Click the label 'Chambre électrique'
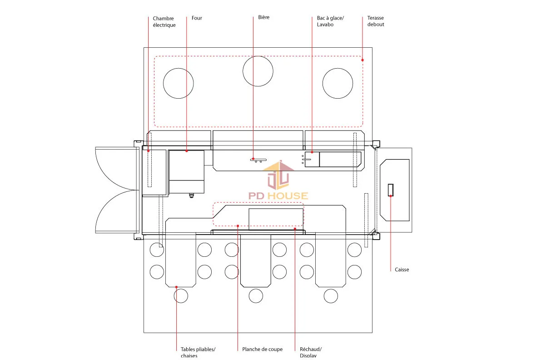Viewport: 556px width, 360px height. click(164, 22)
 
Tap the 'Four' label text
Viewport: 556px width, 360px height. click(197, 18)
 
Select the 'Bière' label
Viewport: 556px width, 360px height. click(263, 17)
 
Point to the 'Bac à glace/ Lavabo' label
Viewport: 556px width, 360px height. click(330, 21)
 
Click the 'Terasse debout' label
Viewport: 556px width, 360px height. click(376, 21)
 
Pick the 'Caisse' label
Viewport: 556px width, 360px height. click(402, 270)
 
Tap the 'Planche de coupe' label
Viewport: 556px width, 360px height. click(263, 349)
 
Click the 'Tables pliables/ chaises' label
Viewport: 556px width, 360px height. click(198, 352)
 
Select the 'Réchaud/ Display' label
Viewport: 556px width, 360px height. click(311, 352)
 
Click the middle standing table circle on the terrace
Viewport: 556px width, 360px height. click(258, 56)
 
